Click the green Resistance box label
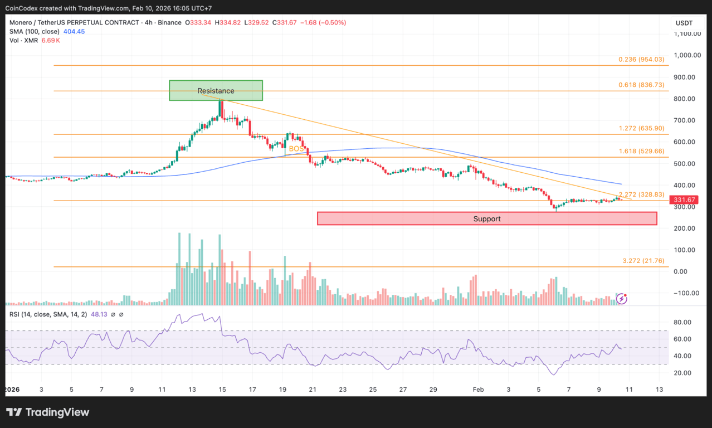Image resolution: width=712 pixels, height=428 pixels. (x=216, y=91)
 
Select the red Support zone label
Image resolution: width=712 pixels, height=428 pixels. (x=487, y=219)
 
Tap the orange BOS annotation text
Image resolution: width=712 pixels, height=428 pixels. (x=296, y=149)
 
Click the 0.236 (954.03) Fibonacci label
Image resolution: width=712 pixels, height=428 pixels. (x=642, y=60)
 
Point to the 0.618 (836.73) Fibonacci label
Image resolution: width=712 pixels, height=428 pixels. (x=642, y=85)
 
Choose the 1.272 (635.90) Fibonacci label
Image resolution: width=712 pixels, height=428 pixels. (x=642, y=128)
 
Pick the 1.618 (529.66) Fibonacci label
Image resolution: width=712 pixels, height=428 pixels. (x=642, y=151)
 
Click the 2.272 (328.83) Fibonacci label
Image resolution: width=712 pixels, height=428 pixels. (x=642, y=194)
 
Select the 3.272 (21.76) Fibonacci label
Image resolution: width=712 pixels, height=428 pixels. (x=643, y=261)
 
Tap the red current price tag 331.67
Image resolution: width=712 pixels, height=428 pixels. (x=684, y=200)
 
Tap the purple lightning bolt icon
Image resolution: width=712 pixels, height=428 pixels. (x=622, y=299)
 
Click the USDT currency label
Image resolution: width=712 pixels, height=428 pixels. (x=684, y=23)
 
